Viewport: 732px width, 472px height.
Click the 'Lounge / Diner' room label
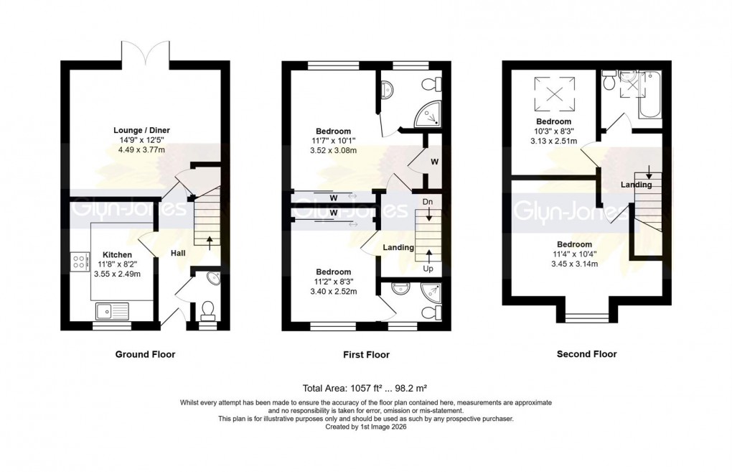[141, 130]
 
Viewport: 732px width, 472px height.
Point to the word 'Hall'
[178, 253]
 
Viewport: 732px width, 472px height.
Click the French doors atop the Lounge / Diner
[146, 52]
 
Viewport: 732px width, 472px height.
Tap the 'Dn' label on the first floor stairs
[428, 201]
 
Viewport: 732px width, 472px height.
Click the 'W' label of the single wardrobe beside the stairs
[434, 162]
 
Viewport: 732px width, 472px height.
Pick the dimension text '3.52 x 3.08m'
[332, 151]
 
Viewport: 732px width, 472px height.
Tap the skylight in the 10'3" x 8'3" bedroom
[554, 93]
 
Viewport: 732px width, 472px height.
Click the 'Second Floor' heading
[586, 354]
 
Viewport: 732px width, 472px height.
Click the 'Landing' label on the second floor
[636, 185]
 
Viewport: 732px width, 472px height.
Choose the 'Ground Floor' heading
[145, 354]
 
